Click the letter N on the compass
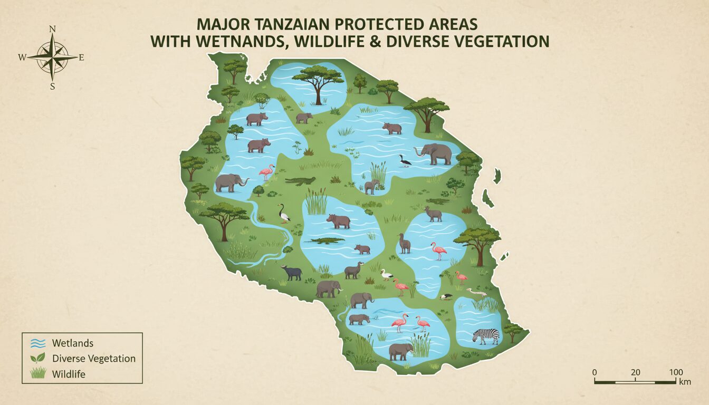click(52, 30)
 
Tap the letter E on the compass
click(81, 58)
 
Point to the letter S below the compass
click(52, 87)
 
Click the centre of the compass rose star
click(52, 57)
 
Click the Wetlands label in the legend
click(73, 343)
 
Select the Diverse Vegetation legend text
click(94, 359)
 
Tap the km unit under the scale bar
click(685, 382)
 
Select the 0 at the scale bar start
click(595, 372)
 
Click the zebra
click(486, 336)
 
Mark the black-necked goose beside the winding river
click(284, 213)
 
